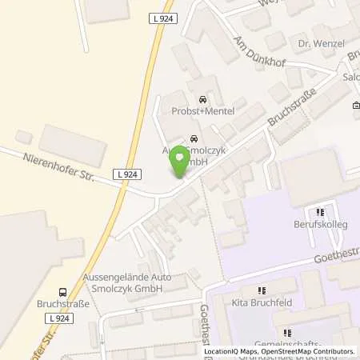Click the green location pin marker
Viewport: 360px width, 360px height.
point(180,164)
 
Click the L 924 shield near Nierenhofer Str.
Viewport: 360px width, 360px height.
point(124,174)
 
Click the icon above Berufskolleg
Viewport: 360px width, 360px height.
point(320,213)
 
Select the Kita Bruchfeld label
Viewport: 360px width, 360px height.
point(260,304)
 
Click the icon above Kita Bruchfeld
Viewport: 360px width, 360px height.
point(260,291)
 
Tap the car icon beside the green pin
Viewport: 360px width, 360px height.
point(192,135)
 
